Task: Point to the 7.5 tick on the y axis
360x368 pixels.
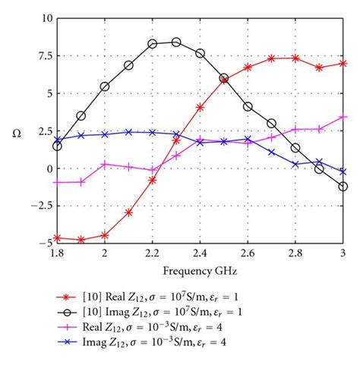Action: coord(42,55)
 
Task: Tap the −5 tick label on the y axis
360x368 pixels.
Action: coord(43,243)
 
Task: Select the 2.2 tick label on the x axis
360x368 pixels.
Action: coord(153,254)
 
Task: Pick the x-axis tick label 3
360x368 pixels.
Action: coord(343,254)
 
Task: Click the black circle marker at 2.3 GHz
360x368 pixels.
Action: coord(176,42)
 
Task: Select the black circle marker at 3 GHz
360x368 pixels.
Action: coord(343,186)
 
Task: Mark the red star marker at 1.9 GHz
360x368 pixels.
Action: coord(81,239)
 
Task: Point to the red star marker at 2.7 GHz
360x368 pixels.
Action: coord(272,58)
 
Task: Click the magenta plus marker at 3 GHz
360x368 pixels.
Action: coord(343,117)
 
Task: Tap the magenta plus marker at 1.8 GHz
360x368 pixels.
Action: coord(58,182)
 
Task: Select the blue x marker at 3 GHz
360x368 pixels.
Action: coord(343,172)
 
